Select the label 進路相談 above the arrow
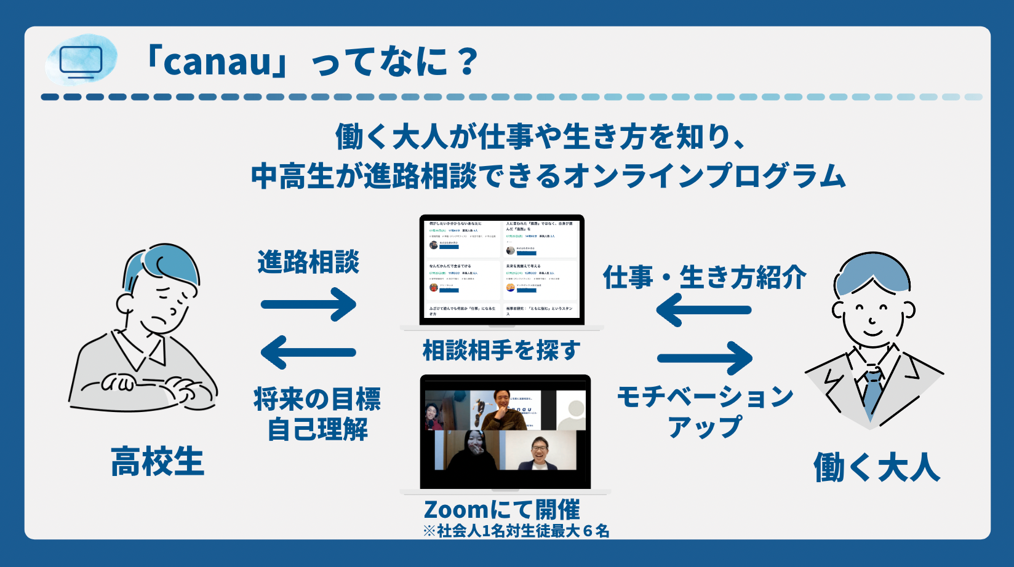308,263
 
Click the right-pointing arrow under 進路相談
309,304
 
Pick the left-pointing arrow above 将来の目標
309,352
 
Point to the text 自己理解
317,429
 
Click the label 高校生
158,462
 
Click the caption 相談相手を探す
501,351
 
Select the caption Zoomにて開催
501,510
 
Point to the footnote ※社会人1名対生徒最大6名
516,531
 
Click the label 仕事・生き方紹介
705,278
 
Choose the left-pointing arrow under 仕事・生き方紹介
704,310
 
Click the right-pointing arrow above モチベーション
705,358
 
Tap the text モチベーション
705,397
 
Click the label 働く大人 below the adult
877,467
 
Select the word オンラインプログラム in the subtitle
705,176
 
